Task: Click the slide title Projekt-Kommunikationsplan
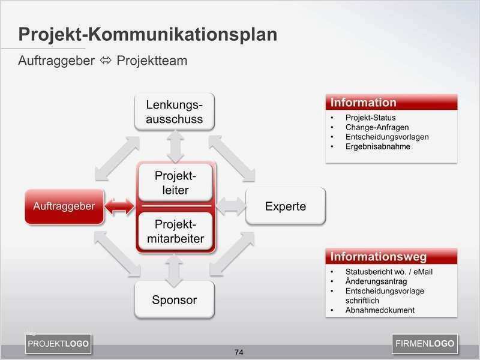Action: point(148,34)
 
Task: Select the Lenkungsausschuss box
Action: point(175,112)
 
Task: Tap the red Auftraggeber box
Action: point(64,206)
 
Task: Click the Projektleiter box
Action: point(175,183)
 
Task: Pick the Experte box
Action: point(286,206)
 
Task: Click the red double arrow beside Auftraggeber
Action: point(120,206)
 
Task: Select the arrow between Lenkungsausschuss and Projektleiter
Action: point(175,146)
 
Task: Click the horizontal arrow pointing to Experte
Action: point(231,206)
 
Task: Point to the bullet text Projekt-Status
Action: point(370,118)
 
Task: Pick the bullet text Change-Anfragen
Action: point(377,127)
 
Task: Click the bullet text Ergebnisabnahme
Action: point(377,146)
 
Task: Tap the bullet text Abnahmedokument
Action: point(380,310)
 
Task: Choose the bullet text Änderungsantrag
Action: point(376,281)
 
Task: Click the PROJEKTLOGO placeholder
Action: point(58,344)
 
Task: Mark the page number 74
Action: point(239,352)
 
